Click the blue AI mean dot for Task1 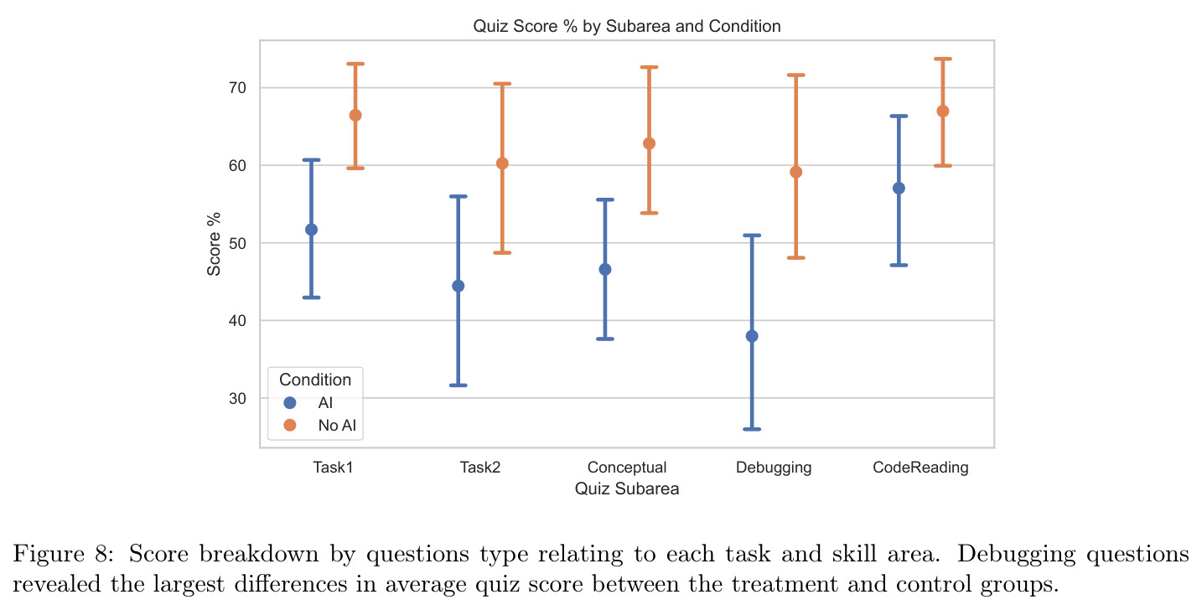(311, 230)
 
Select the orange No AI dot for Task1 (355, 116)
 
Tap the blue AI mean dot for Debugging (752, 336)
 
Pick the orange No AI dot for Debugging (795, 173)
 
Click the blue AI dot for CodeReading (899, 189)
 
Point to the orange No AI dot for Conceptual (649, 144)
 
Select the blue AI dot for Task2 (459, 286)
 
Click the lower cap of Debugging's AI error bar (752, 429)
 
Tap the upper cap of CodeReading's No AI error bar (943, 59)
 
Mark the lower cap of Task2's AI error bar (459, 385)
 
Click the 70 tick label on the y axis (237, 88)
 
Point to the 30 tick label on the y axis (237, 399)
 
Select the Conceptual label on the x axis (627, 468)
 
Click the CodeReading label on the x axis (920, 468)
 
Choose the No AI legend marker (290, 425)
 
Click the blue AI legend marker (290, 402)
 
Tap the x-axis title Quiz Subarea (627, 489)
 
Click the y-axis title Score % (214, 244)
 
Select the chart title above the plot (627, 26)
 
